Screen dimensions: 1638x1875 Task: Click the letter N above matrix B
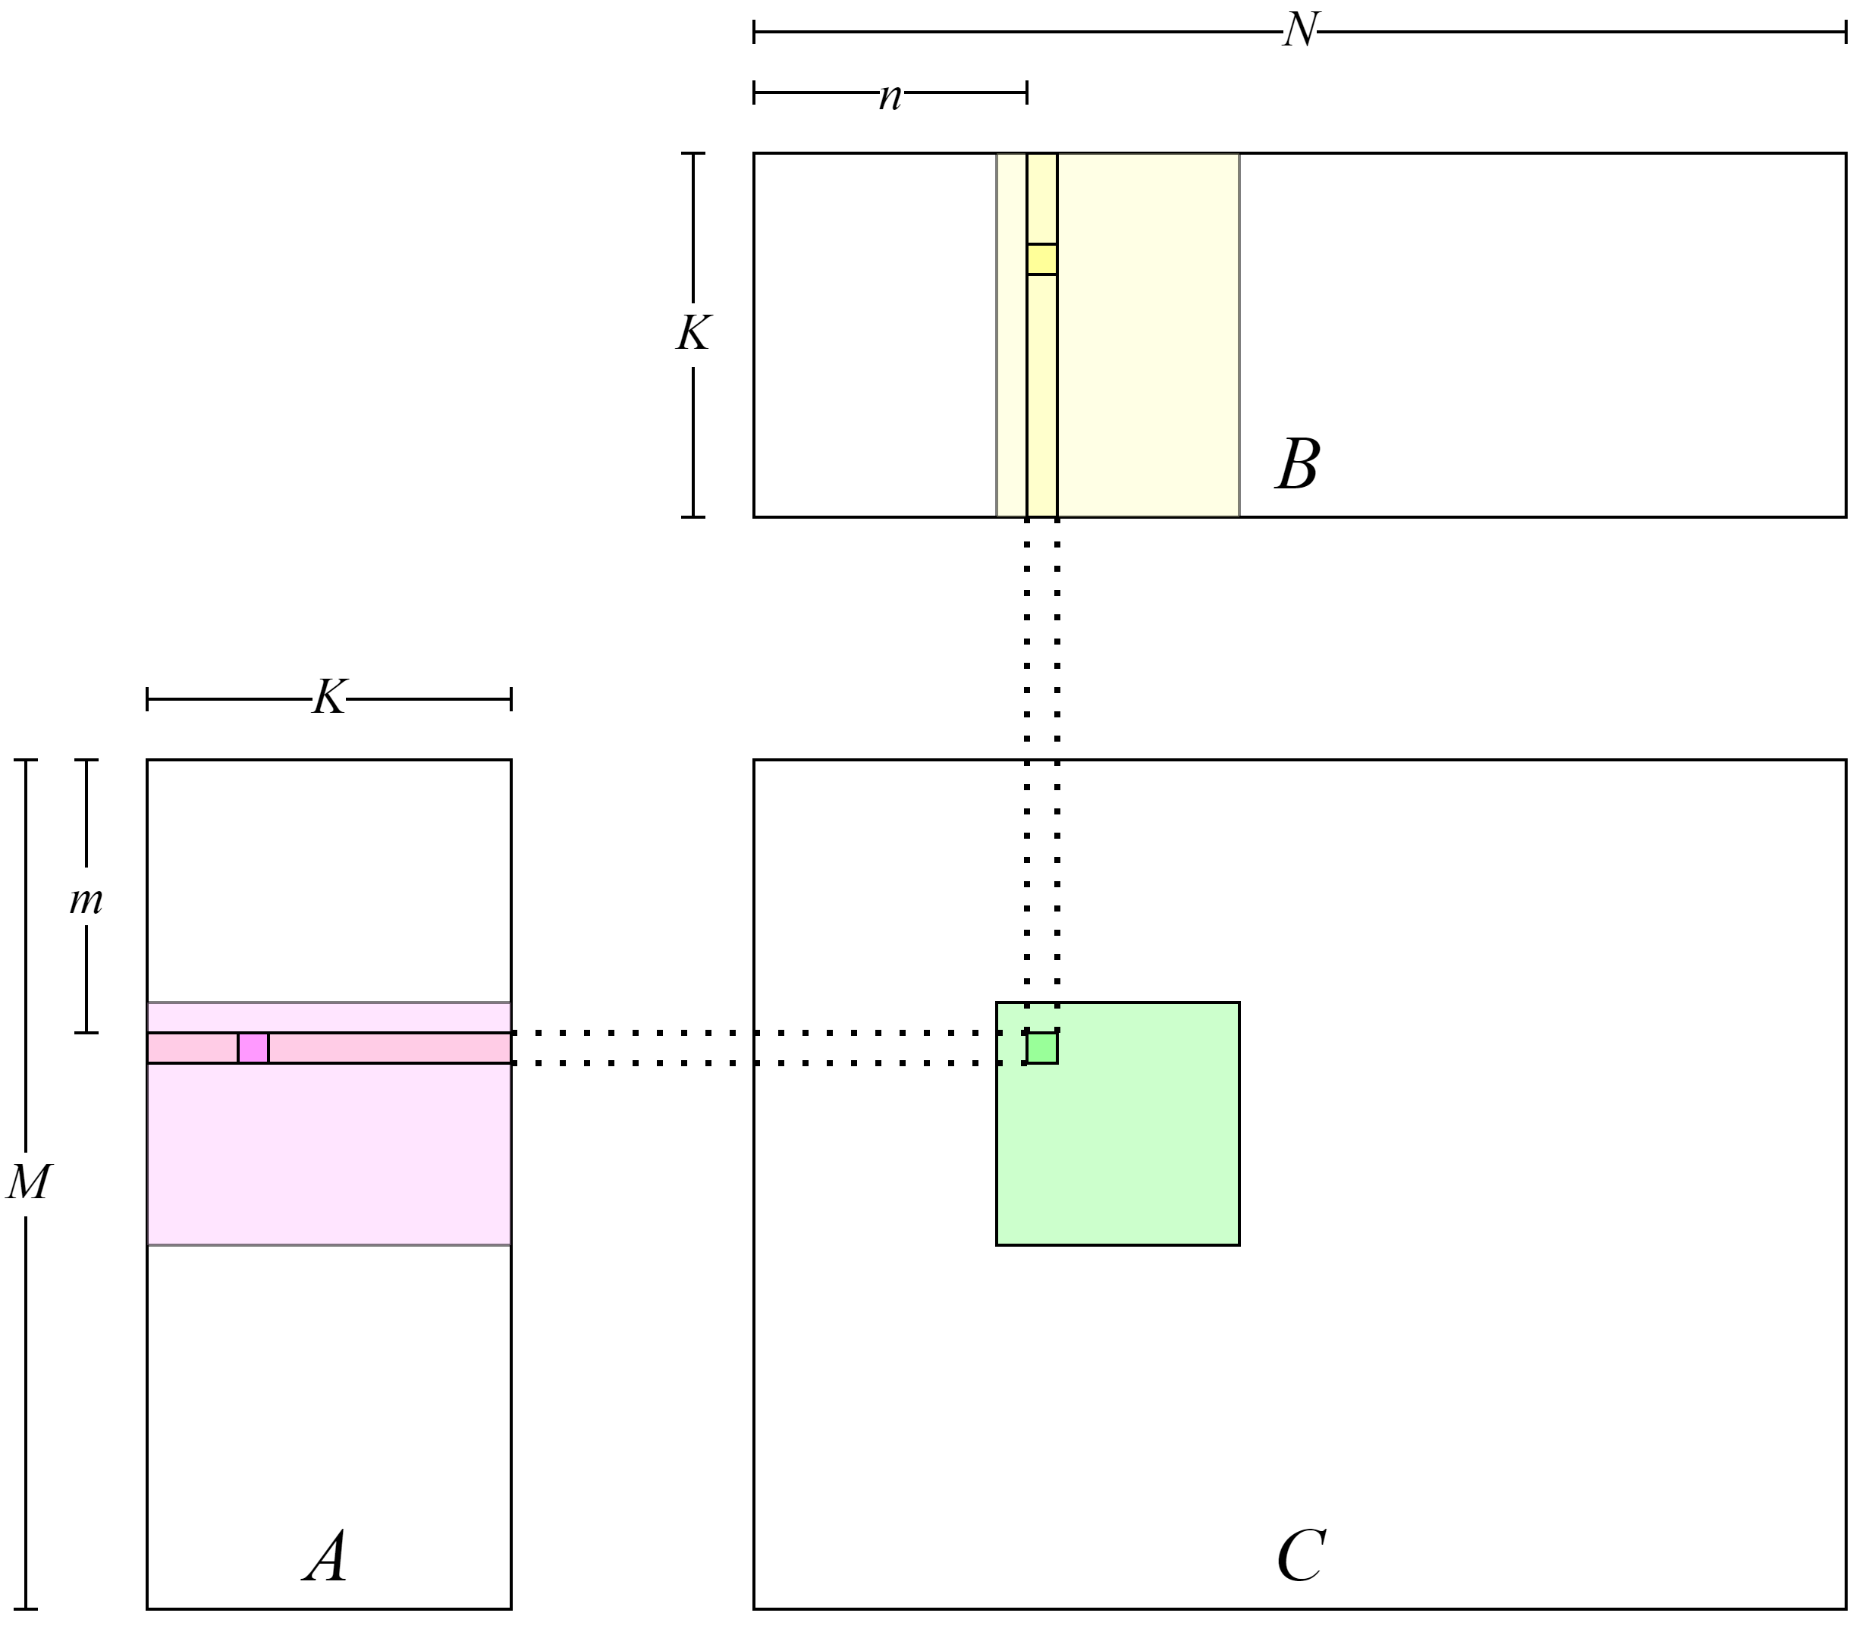point(1299,31)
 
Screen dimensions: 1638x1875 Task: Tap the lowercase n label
point(891,93)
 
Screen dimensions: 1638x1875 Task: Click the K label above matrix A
point(329,698)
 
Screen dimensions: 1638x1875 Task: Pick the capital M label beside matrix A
point(27,1184)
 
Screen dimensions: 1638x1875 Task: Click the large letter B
point(1297,464)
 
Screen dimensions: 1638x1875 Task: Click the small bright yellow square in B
point(1041,259)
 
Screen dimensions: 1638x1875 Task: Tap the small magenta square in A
point(253,1047)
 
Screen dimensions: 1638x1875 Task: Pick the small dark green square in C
point(1041,1047)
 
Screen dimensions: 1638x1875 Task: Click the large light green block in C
point(1143,1152)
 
